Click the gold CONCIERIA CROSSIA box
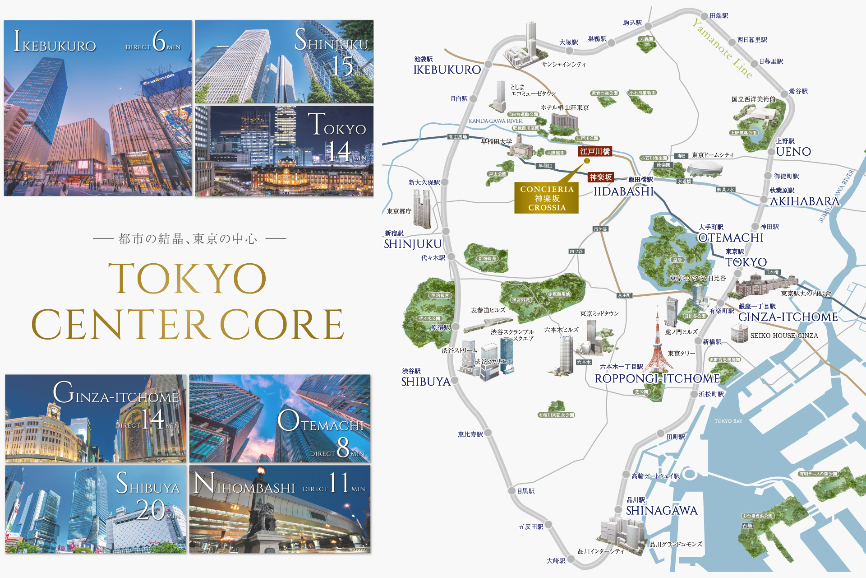tap(547, 198)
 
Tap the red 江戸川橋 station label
tap(595, 152)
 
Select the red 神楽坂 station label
tap(601, 177)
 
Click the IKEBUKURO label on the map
tap(447, 70)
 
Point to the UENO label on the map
tap(793, 152)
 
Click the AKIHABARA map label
tap(804, 201)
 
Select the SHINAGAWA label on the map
tap(661, 511)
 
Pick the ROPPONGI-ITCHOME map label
tap(657, 378)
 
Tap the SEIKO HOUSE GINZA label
tap(784, 336)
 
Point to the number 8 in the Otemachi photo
tap(343, 447)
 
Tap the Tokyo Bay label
tap(728, 421)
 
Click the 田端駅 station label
tap(719, 16)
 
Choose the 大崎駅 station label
tap(556, 561)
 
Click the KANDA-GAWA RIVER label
tap(495, 121)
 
